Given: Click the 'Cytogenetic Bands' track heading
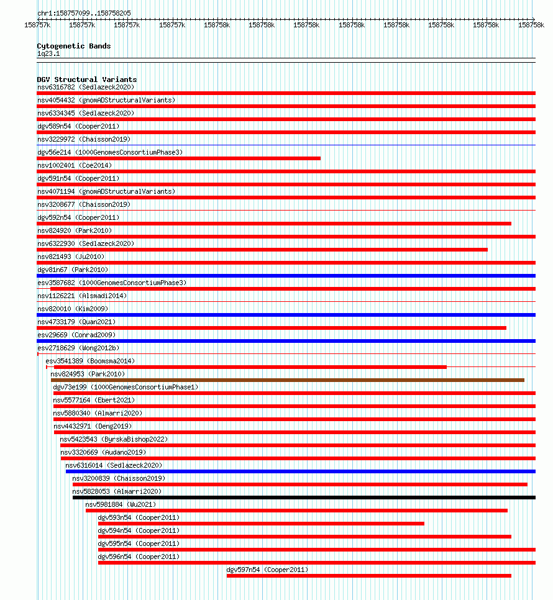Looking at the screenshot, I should (x=73, y=46).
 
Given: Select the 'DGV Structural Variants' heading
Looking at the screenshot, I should (x=86, y=80).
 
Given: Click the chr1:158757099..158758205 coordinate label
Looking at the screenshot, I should (x=84, y=13).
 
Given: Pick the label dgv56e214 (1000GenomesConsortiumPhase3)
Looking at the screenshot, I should (x=110, y=152).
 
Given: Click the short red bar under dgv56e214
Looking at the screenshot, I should (x=179, y=158).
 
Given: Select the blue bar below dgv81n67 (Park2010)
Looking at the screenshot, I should (x=286, y=276).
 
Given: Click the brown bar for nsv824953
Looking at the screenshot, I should (x=287, y=380).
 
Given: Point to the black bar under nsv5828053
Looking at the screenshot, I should (x=304, y=498).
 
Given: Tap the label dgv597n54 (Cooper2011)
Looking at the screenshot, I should (x=267, y=570).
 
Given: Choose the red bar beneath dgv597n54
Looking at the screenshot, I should (x=368, y=576).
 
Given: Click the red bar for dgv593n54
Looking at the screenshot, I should (x=261, y=524).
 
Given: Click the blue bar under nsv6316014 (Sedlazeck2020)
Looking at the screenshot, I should (x=300, y=471).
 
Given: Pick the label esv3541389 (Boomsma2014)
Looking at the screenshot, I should (x=90, y=361).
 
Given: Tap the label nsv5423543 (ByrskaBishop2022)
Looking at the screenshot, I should (x=114, y=439).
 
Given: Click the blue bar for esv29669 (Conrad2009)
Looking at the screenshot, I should (x=286, y=341).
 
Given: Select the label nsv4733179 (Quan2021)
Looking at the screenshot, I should (x=76, y=322).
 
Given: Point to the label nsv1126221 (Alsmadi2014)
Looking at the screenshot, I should (x=82, y=296).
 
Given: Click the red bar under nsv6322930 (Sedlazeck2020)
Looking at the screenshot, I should (x=262, y=250).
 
